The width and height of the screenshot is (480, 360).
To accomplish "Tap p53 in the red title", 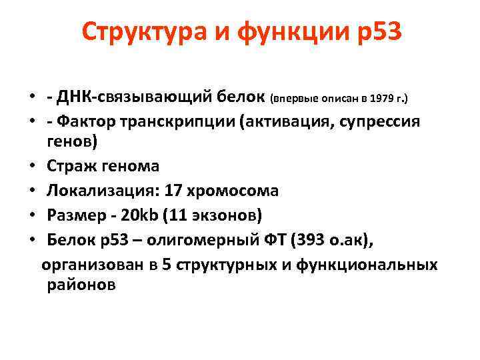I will pyautogui.click(x=377, y=31).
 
